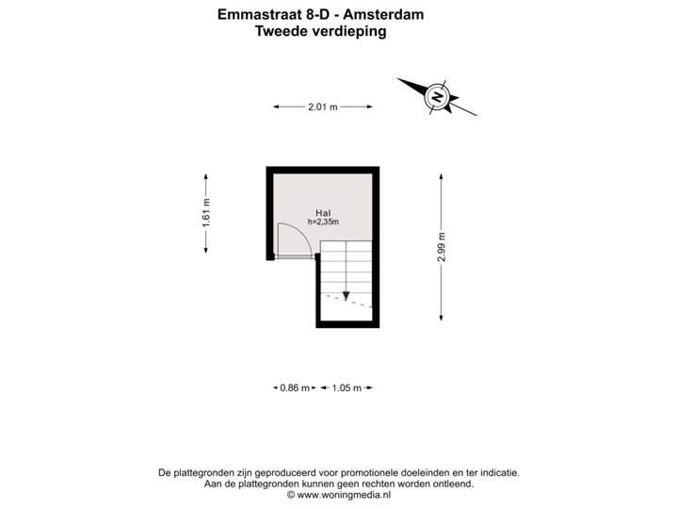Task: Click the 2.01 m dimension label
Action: pyautogui.click(x=323, y=107)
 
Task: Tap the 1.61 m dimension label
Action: pyautogui.click(x=206, y=213)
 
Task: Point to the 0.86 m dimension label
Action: pyautogui.click(x=294, y=387)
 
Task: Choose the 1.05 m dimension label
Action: pyautogui.click(x=347, y=387)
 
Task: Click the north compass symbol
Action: pyautogui.click(x=436, y=95)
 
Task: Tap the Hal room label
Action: pyautogui.click(x=323, y=212)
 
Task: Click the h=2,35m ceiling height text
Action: pyautogui.click(x=323, y=222)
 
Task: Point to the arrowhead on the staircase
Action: pyautogui.click(x=347, y=295)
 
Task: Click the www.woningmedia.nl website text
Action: pyautogui.click(x=344, y=494)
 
